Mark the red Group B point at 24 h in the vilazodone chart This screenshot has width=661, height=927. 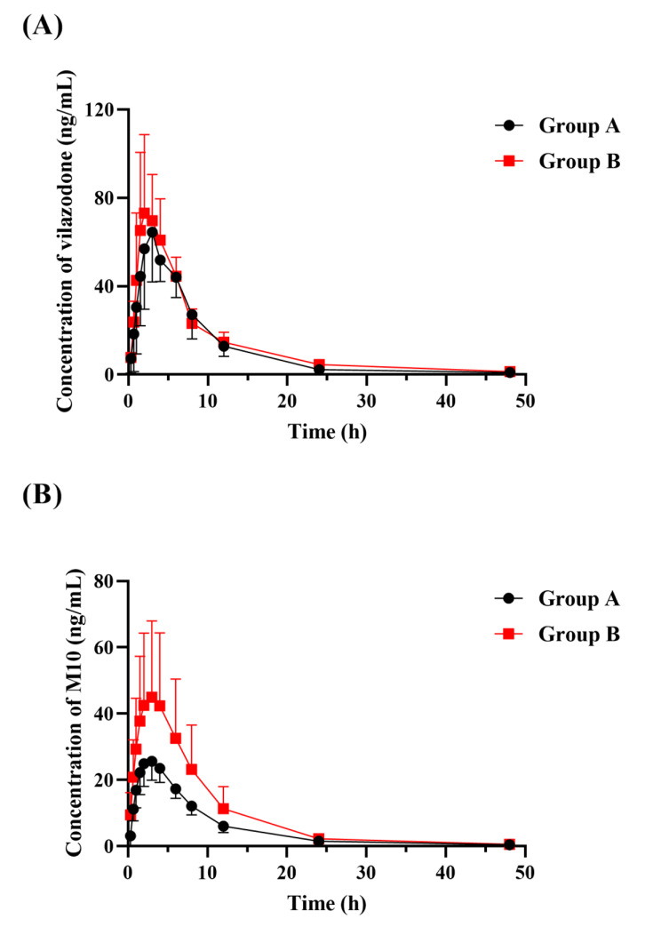319,364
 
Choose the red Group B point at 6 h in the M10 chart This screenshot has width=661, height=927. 176,738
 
